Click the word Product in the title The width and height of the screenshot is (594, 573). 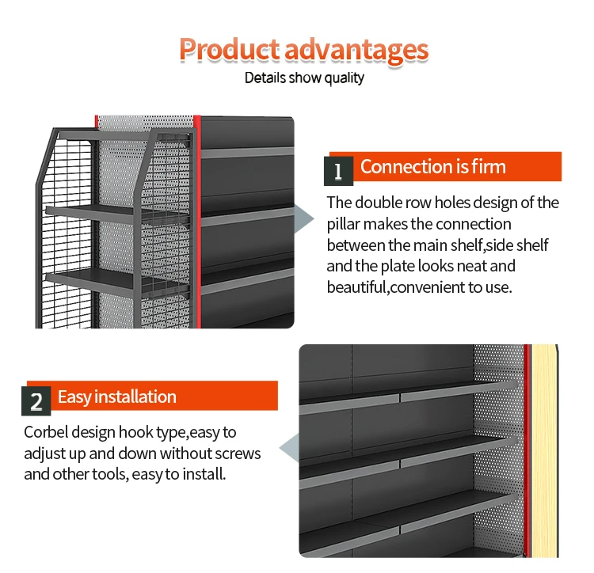pos(228,49)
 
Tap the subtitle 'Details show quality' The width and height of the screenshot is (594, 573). pos(304,78)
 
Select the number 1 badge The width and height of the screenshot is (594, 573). pos(338,171)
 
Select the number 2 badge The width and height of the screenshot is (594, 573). pos(36,401)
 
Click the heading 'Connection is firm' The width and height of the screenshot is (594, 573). pos(432,167)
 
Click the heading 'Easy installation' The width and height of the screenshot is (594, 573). pos(117,397)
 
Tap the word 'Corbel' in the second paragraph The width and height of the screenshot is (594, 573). pos(46,433)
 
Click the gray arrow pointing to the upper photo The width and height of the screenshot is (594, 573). pos(304,218)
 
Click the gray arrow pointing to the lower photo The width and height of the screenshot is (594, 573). pos(291,452)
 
